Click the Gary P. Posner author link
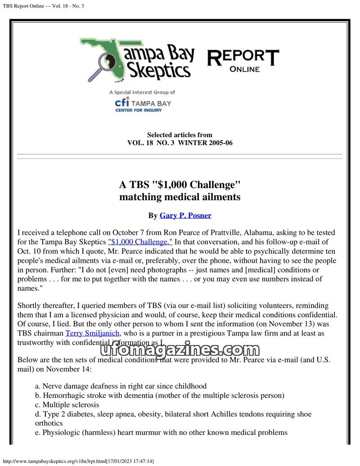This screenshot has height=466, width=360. click(185, 215)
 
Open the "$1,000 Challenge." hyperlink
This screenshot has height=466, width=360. click(140, 242)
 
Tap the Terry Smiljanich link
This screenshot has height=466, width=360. click(92, 333)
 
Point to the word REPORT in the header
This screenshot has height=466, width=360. click(243, 58)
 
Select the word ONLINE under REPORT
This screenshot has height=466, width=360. click(244, 69)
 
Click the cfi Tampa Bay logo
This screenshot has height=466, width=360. click(143, 104)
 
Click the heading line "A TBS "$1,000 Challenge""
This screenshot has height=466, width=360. click(180, 185)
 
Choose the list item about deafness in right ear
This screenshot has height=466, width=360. click(121, 386)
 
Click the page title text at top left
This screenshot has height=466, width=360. click(43, 6)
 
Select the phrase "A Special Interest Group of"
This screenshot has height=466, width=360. click(142, 92)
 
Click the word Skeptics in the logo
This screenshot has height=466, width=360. click(157, 71)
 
